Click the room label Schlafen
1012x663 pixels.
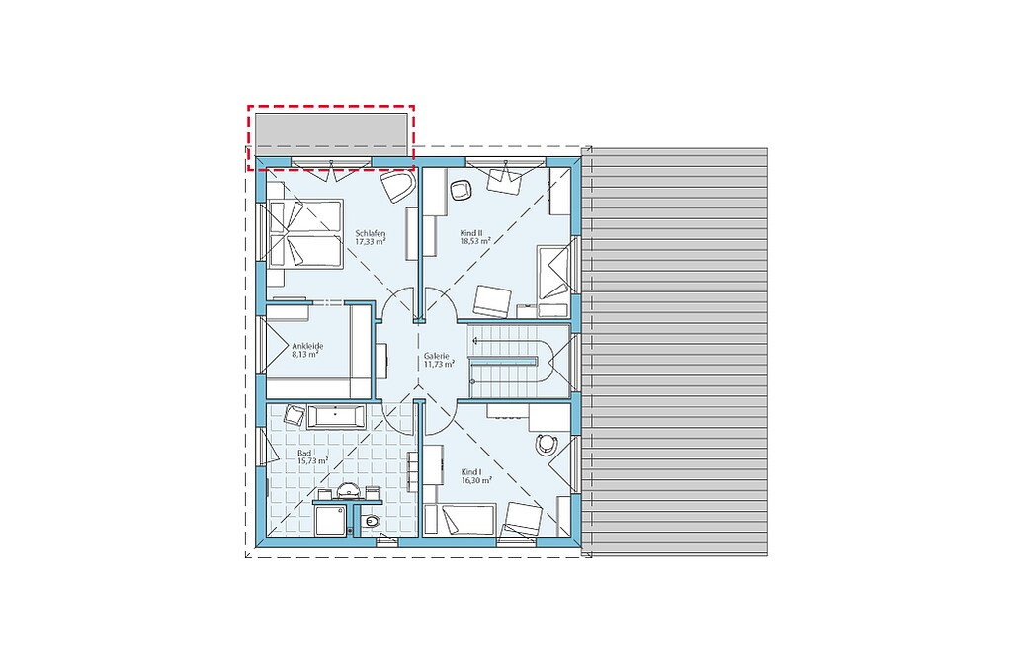point(371,233)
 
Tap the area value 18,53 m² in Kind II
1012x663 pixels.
point(475,241)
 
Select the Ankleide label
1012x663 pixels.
point(307,346)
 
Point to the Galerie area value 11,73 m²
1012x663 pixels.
point(439,364)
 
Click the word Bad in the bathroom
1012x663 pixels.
point(304,454)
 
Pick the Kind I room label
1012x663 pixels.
point(471,472)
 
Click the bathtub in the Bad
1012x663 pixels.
point(336,416)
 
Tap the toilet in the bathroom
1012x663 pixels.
point(371,521)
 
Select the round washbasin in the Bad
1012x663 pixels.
point(349,492)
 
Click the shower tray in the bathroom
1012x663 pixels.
point(332,520)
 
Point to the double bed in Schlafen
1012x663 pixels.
point(304,232)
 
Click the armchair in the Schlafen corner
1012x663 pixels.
point(397,186)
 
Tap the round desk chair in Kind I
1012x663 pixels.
point(546,444)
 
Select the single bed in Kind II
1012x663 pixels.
point(553,272)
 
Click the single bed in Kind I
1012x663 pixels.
point(460,520)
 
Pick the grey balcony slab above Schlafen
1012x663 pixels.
point(331,134)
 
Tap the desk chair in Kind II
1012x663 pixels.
point(460,190)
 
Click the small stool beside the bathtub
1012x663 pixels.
point(294,414)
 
